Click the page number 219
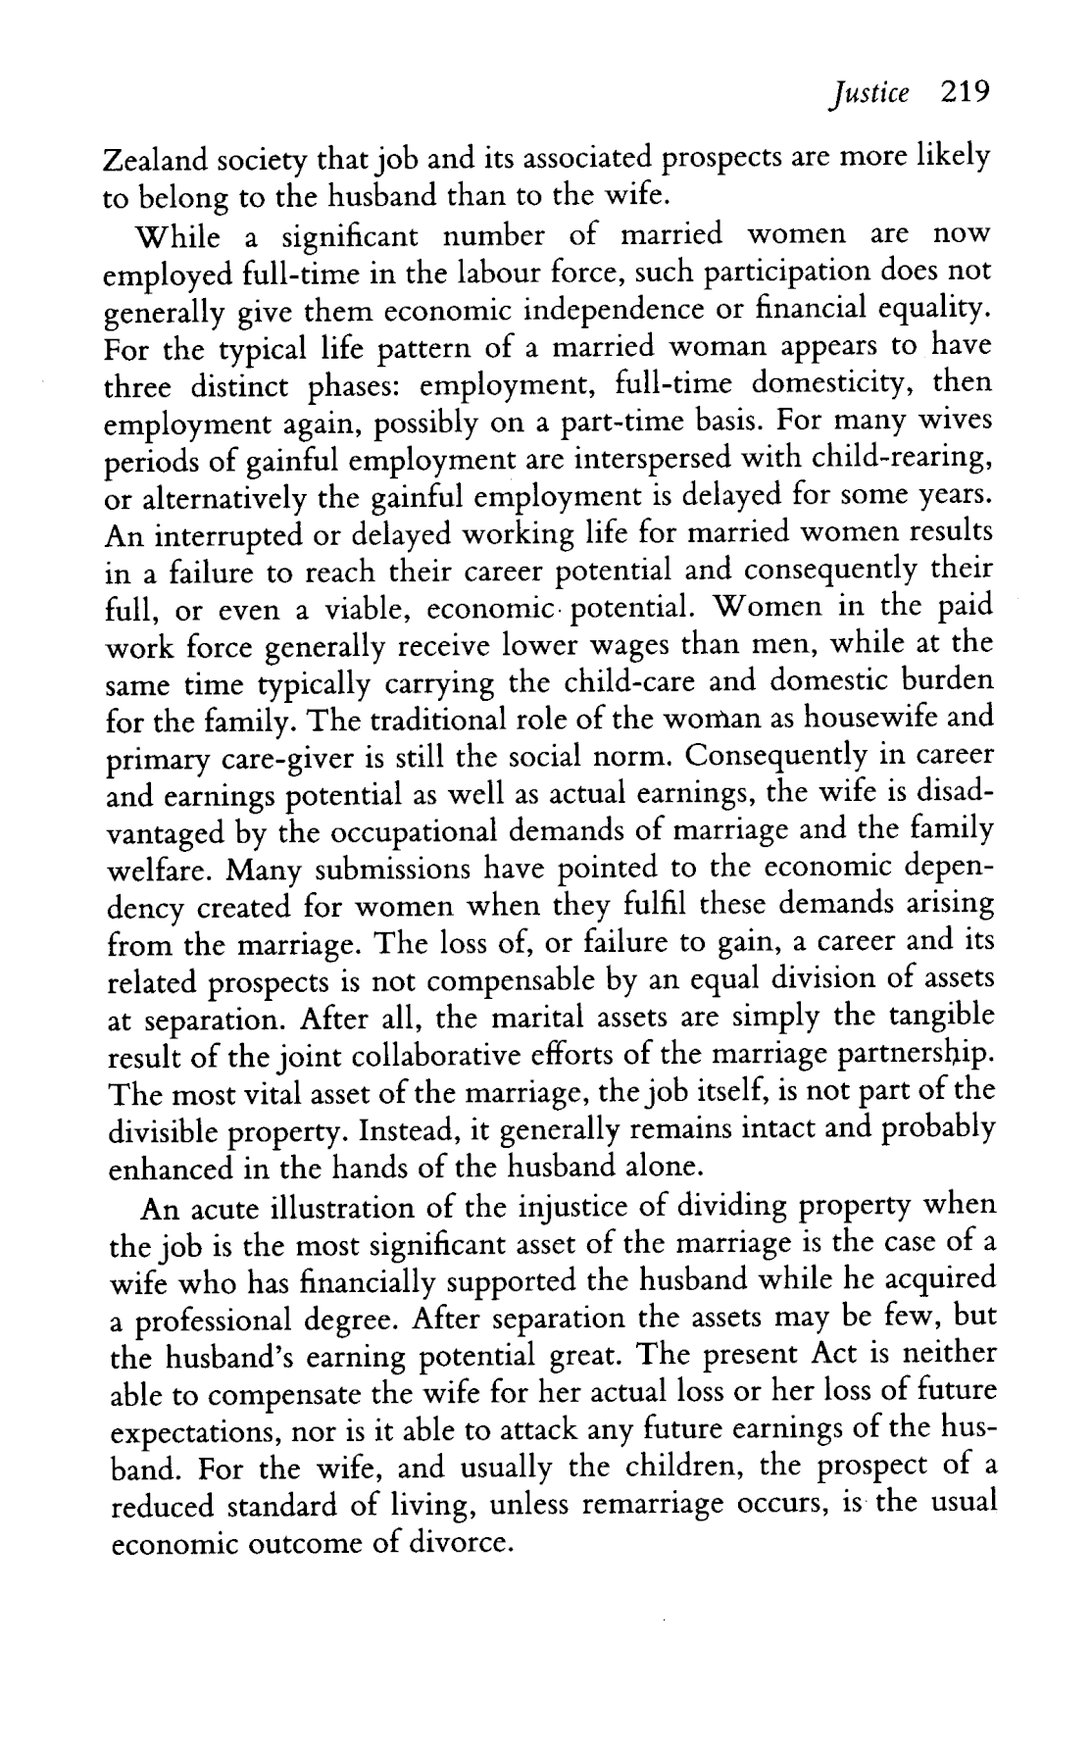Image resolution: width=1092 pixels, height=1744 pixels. point(966,93)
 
